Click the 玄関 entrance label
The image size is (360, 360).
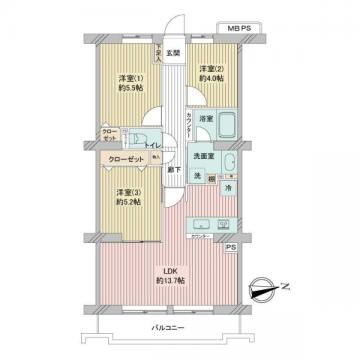click(x=173, y=53)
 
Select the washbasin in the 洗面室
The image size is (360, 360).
click(x=229, y=164)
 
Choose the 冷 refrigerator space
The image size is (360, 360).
click(x=227, y=188)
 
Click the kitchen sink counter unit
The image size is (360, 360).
click(x=198, y=222)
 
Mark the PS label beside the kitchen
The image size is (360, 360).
click(x=230, y=247)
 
